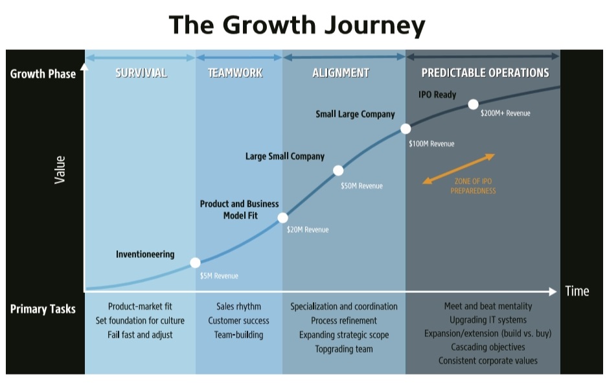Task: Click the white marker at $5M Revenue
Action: (x=195, y=262)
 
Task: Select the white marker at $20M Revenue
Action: (x=282, y=218)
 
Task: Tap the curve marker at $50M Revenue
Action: (x=338, y=170)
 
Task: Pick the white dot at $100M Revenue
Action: (x=406, y=129)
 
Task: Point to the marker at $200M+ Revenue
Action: (x=473, y=104)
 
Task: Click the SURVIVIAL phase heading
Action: (x=141, y=73)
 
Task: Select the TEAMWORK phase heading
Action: (x=235, y=73)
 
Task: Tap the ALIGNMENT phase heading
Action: (x=341, y=73)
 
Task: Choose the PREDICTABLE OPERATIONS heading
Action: (x=485, y=73)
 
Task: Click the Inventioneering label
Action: (x=145, y=254)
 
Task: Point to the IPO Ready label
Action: (x=437, y=95)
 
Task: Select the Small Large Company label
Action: (x=355, y=114)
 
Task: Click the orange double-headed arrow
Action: (x=459, y=169)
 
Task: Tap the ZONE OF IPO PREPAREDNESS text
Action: (x=473, y=186)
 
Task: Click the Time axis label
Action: (x=577, y=291)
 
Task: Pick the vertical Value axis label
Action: (x=60, y=170)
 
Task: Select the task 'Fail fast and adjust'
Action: (x=140, y=334)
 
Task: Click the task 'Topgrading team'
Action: (x=344, y=349)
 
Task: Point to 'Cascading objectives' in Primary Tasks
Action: (x=488, y=347)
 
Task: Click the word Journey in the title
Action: (x=374, y=25)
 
